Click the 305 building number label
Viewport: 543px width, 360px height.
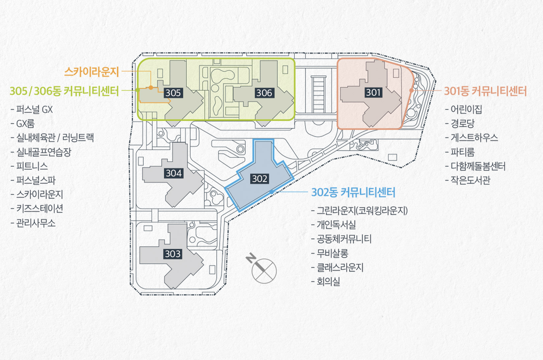(173, 93)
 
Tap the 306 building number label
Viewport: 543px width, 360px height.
(264, 93)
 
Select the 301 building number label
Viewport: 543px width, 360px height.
(373, 92)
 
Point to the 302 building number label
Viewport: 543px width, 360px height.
(260, 179)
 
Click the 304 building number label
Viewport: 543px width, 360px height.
(174, 173)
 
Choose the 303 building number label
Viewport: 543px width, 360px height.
(173, 254)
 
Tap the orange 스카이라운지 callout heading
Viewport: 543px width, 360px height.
(91, 72)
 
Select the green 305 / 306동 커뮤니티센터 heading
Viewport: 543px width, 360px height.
(64, 91)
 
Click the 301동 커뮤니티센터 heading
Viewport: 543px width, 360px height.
(485, 91)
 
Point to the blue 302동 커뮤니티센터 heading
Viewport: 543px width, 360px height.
(353, 192)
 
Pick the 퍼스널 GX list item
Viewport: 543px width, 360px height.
(34, 110)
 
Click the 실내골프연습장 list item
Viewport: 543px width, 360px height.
(43, 152)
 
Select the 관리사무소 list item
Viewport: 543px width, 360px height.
(36, 223)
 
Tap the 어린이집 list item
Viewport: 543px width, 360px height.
(466, 109)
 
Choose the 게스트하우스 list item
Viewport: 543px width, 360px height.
(474, 137)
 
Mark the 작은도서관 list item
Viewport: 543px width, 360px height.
(470, 180)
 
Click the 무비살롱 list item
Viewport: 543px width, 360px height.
(332, 253)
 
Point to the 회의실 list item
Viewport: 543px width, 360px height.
(328, 282)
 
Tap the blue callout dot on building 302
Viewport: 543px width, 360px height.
(271, 192)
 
